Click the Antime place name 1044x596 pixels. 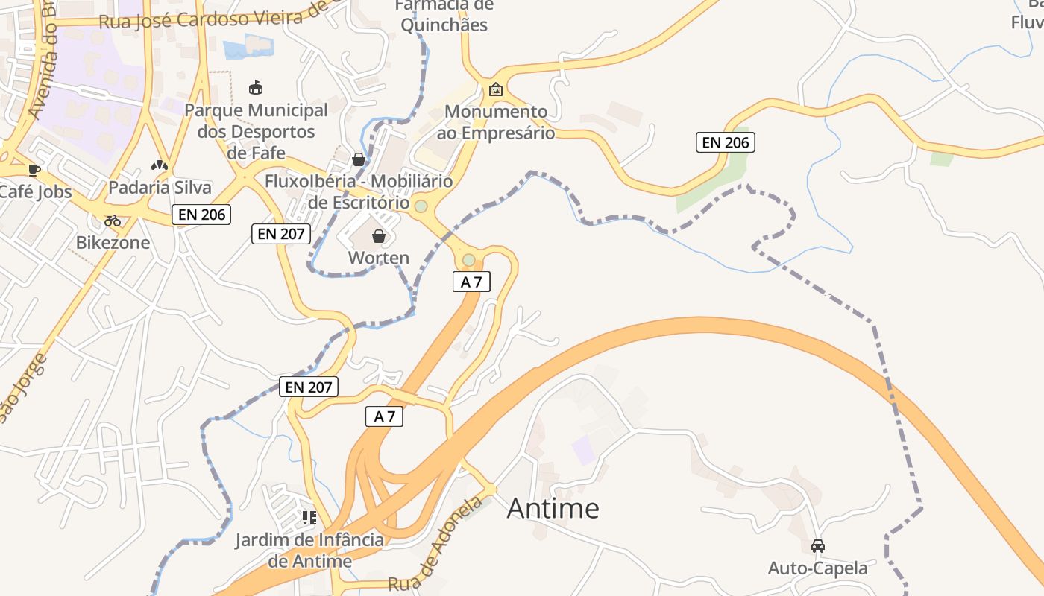pos(553,508)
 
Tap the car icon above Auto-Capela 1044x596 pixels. pos(818,545)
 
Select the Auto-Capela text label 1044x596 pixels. pos(818,568)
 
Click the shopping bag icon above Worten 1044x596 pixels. pos(379,236)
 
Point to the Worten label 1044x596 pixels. pos(379,258)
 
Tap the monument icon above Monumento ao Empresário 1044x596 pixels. pos(495,90)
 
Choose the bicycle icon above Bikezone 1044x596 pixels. pos(113,221)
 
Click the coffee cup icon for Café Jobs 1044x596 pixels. pos(34,170)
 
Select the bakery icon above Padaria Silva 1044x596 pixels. pos(159,165)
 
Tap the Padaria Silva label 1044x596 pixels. pos(160,187)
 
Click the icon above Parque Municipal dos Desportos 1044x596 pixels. pos(256,88)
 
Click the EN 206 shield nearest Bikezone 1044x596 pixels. pos(201,215)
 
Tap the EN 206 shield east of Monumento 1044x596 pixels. pos(725,142)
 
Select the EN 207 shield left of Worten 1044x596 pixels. pos(280,234)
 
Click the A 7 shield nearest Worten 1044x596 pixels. pos(471,282)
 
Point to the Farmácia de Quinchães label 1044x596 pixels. pos(444,16)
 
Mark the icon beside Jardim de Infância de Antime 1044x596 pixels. pos(309,517)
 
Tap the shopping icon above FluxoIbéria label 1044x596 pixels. pos(359,159)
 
